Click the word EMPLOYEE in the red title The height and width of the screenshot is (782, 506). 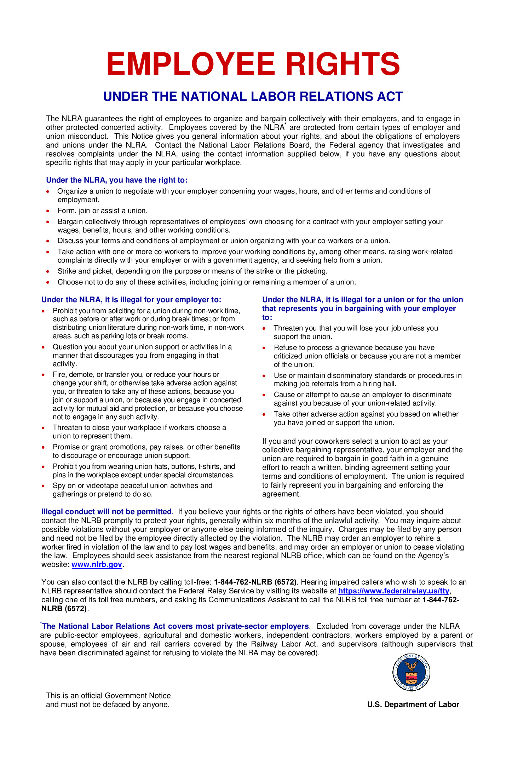[190, 64]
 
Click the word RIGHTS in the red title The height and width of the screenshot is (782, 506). [342, 64]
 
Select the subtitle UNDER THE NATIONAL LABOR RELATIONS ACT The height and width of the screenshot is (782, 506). [253, 97]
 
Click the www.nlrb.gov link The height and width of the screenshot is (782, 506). [97, 564]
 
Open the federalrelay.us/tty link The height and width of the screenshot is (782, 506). [393, 591]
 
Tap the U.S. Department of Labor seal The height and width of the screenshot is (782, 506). [411, 672]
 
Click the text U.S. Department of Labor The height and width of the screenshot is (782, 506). [413, 705]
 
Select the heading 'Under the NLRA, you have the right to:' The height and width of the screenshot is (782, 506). [117, 180]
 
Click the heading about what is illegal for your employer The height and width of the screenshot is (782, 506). [131, 300]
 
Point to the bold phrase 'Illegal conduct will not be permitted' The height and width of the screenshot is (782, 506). [106, 512]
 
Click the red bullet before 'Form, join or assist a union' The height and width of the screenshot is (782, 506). [48, 211]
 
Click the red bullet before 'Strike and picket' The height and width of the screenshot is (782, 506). [48, 271]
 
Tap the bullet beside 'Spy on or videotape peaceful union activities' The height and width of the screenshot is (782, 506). [43, 486]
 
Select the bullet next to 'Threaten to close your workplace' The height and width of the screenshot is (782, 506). [43, 428]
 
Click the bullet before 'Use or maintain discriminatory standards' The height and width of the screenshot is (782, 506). [264, 376]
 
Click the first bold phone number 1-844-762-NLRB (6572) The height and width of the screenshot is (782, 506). [255, 582]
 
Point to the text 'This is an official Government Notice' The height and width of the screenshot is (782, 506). [108, 696]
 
